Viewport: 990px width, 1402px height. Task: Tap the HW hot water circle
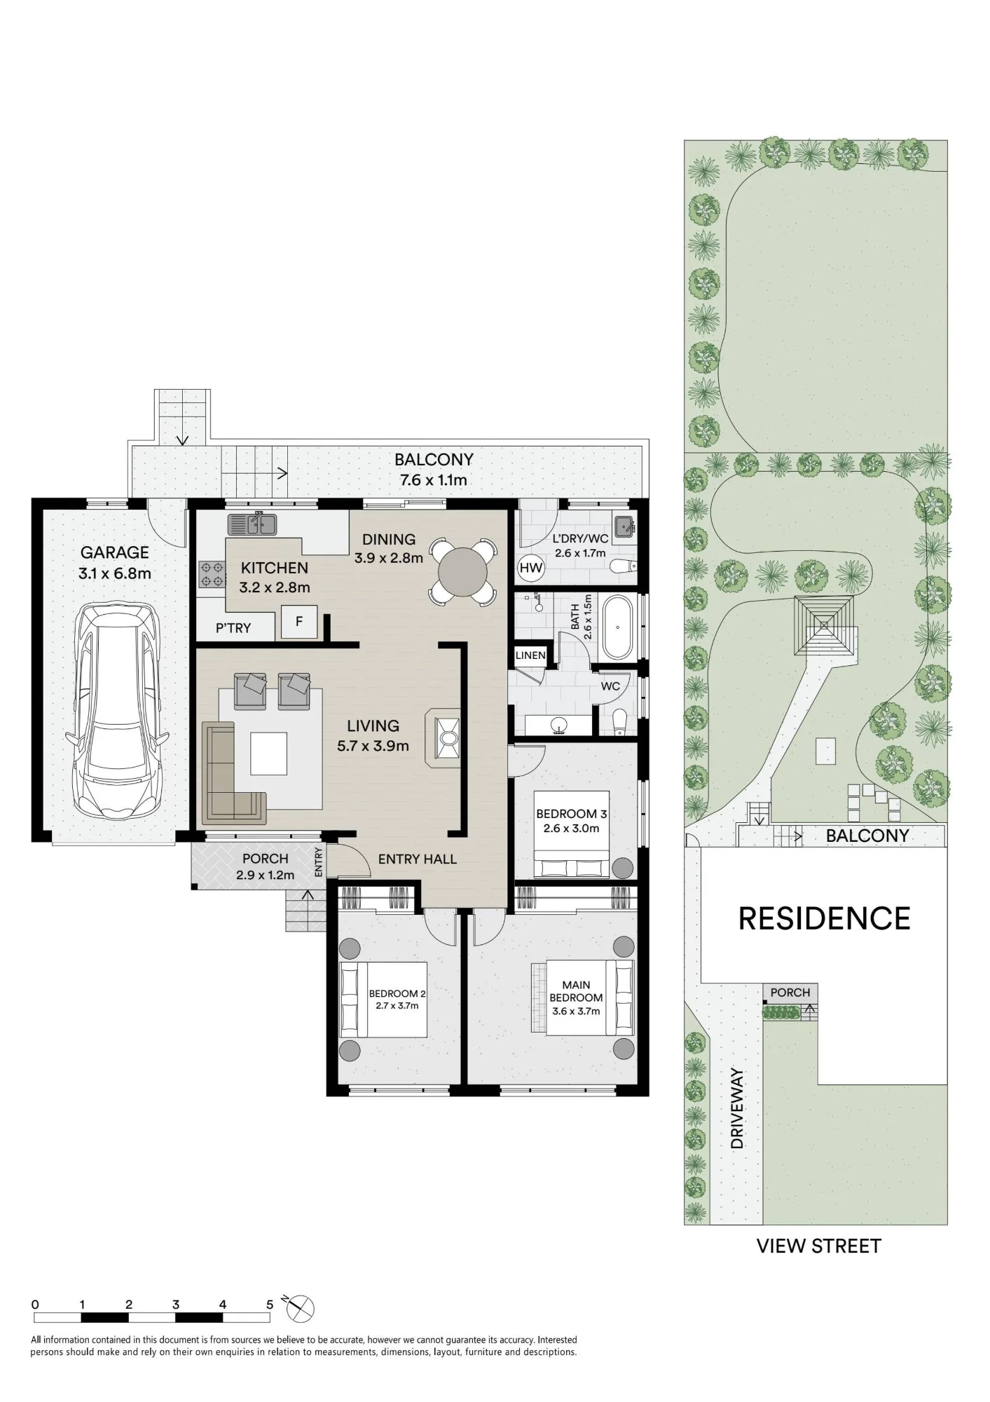(x=531, y=568)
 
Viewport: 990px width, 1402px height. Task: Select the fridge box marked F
(x=299, y=621)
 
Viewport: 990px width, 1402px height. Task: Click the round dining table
(x=462, y=571)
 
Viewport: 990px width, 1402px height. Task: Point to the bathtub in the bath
(x=617, y=627)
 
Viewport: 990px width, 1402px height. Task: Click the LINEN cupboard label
(x=530, y=655)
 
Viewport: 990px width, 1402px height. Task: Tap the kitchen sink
(x=252, y=524)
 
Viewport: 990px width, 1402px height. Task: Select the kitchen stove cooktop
(x=212, y=574)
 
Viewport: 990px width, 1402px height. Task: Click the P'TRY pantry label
(x=233, y=628)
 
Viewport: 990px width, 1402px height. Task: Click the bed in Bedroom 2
(x=383, y=1000)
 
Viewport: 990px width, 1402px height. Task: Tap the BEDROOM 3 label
(x=571, y=814)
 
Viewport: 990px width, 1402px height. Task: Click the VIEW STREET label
(x=819, y=1246)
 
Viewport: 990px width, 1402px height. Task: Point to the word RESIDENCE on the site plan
(x=825, y=918)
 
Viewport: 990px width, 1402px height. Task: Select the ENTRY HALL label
(x=418, y=859)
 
